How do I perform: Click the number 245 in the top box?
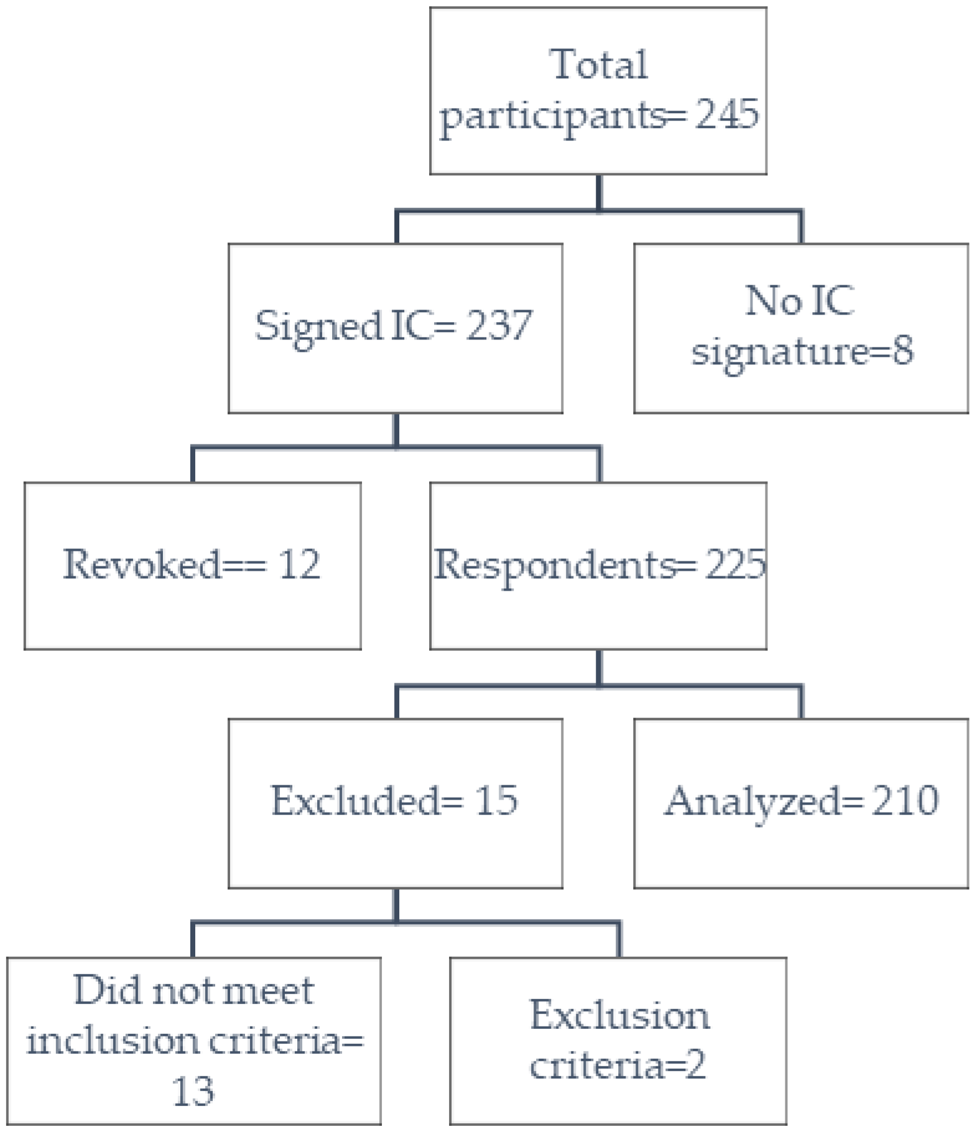click(727, 114)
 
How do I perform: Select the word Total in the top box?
click(598, 64)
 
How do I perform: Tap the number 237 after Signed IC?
click(499, 325)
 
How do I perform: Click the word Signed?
click(318, 326)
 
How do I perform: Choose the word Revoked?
click(142, 565)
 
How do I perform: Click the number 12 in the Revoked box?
click(299, 565)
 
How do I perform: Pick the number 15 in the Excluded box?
click(496, 800)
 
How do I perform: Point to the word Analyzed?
click(753, 801)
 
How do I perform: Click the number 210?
click(905, 800)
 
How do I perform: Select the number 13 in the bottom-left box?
click(193, 1090)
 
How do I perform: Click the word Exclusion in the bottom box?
click(619, 1015)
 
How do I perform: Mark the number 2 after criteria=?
click(695, 1065)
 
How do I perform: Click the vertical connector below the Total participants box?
click(599, 192)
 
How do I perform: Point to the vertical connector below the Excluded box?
click(396, 905)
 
